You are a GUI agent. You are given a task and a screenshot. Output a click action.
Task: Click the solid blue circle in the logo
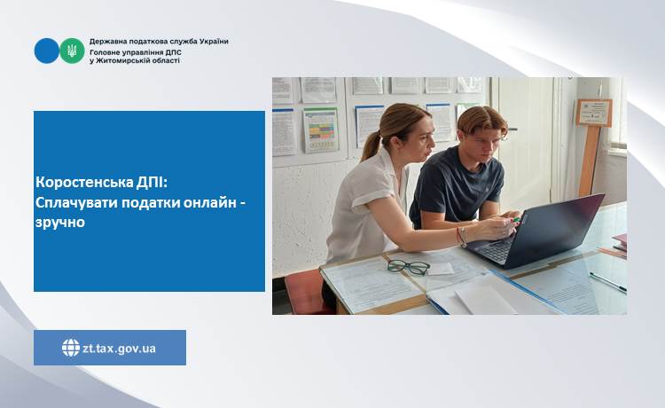[46, 51]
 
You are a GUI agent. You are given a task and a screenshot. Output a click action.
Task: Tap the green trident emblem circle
[72, 51]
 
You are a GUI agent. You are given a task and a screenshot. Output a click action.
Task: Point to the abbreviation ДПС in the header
[174, 52]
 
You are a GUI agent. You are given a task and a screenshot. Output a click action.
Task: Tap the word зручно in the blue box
[60, 223]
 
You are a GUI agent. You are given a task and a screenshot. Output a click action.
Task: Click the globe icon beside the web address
[71, 348]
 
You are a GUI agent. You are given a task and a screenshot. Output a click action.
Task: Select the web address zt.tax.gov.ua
[119, 349]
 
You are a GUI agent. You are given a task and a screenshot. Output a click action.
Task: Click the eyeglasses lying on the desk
[408, 267]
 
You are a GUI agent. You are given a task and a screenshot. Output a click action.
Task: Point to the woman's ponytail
[371, 145]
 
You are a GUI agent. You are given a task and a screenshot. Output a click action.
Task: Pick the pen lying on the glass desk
[607, 282]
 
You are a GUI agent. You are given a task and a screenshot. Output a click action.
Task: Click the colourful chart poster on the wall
[321, 129]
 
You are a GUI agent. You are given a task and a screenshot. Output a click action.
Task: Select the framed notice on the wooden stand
[594, 113]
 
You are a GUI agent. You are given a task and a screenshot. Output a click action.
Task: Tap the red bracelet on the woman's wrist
[458, 236]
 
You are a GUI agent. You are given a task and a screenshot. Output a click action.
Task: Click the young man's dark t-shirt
[458, 184]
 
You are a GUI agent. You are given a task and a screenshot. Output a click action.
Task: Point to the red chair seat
[305, 292]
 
